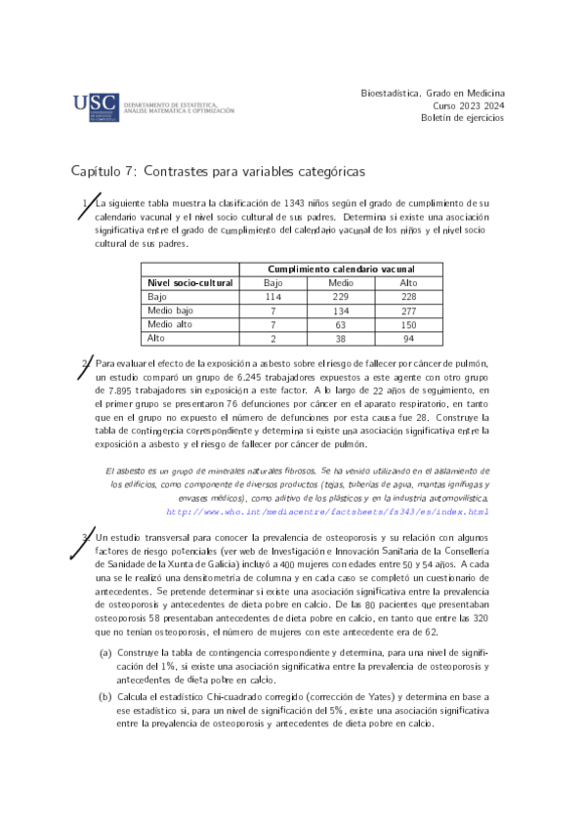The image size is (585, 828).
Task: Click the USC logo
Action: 96,106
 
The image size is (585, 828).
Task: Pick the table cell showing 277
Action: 408,310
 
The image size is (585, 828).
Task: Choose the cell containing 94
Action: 408,338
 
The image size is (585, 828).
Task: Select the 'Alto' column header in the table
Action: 408,283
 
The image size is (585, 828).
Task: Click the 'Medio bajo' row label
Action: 170,310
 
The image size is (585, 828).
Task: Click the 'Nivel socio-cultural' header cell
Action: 189,283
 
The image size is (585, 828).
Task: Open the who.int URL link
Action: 327,511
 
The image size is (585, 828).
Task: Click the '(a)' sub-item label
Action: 104,651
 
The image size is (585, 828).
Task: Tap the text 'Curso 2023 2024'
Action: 468,104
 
